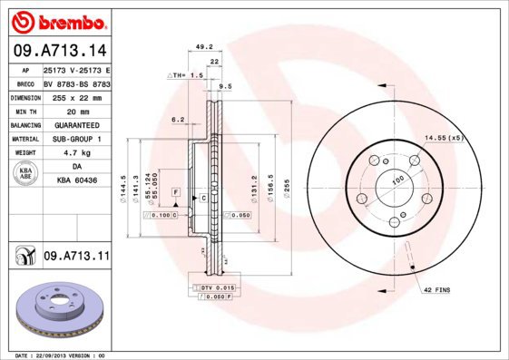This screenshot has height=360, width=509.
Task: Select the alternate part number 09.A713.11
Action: click(75, 258)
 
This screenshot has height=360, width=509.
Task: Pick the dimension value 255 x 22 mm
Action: click(75, 97)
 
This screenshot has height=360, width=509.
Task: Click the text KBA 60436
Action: click(75, 181)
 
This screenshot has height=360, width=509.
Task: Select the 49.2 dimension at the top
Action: click(204, 46)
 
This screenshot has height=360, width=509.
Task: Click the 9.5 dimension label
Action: click(226, 86)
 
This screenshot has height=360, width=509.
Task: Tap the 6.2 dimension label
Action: click(178, 119)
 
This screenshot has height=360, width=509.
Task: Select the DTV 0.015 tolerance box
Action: click(211, 287)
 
